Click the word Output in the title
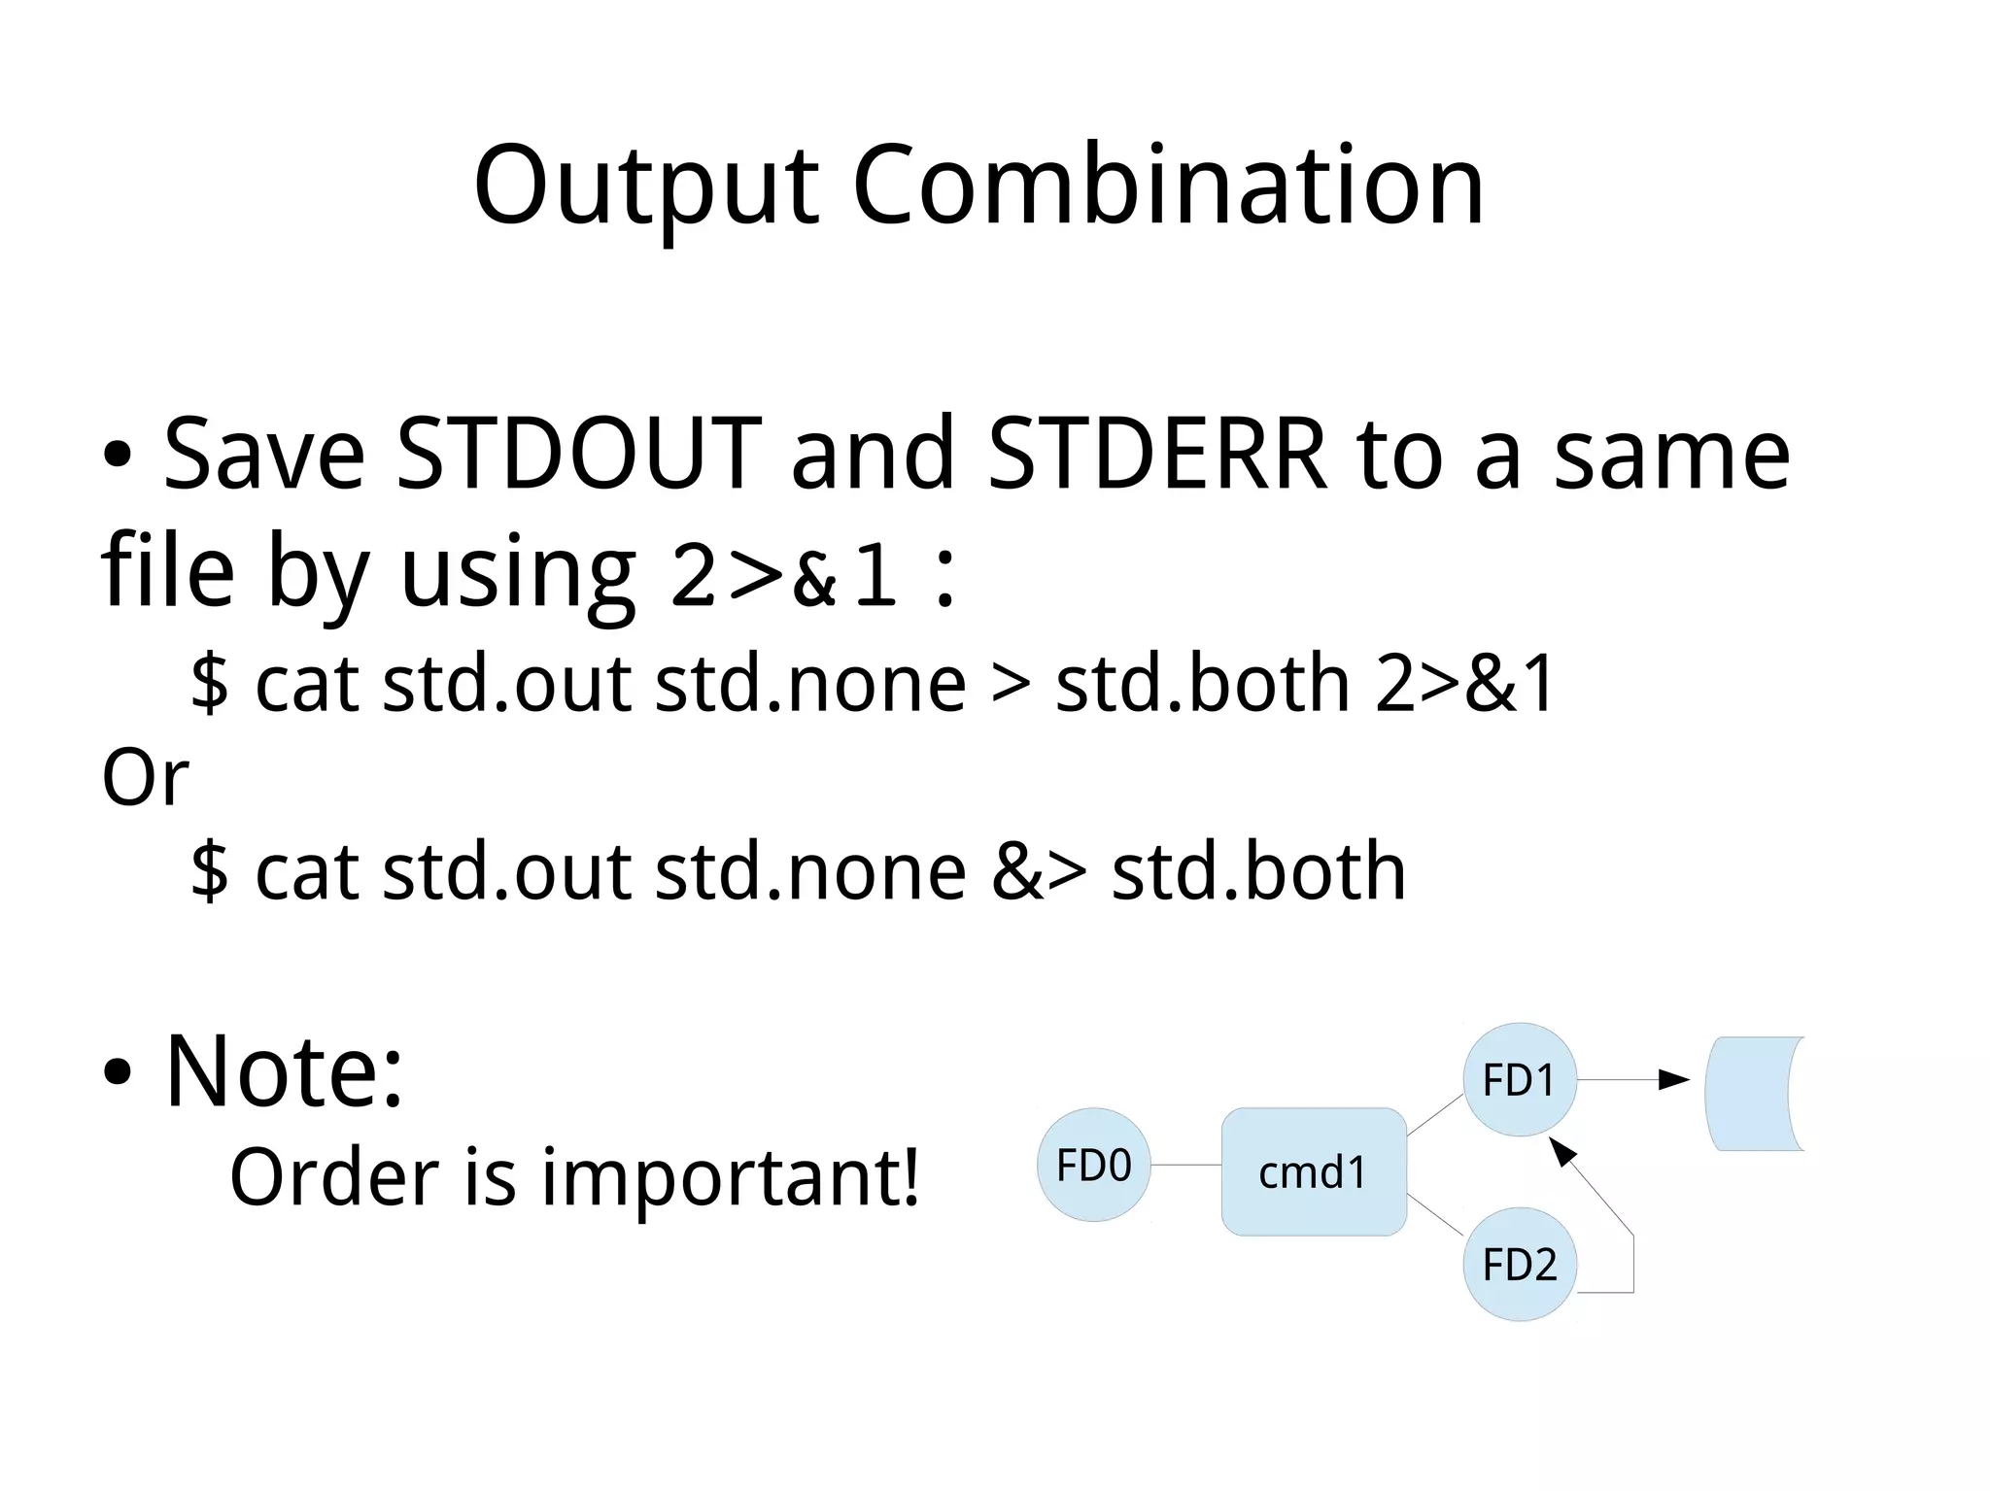tap(646, 187)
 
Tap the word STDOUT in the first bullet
tap(579, 455)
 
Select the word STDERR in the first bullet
tap(1157, 455)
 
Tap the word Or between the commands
tap(145, 779)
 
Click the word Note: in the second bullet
tap(284, 1072)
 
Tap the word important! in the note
tap(730, 1178)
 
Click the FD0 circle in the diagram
tap(1093, 1165)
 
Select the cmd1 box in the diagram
tap(1313, 1172)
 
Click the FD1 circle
tap(1519, 1079)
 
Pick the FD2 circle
tap(1519, 1264)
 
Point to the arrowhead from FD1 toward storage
tap(1674, 1079)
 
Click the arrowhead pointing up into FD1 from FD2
tap(1561, 1152)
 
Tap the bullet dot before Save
tap(117, 457)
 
